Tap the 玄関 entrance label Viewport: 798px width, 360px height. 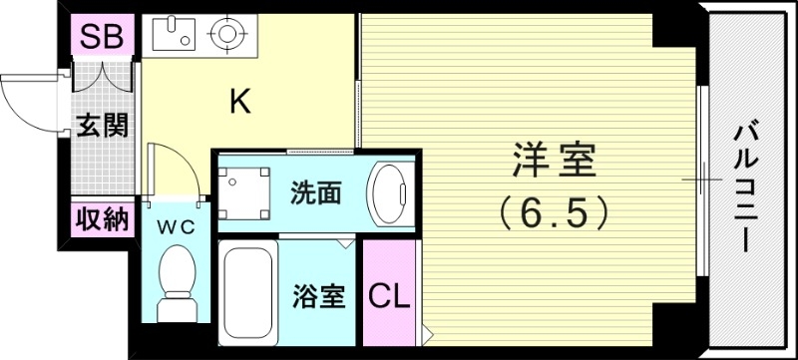[102, 126]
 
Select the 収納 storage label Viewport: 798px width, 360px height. [102, 218]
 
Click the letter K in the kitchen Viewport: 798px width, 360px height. [239, 101]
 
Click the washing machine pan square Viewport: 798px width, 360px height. [244, 192]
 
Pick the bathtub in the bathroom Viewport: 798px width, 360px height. [247, 290]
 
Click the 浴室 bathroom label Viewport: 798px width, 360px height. [318, 296]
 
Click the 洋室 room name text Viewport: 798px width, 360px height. [554, 161]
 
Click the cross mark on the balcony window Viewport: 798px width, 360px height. [705, 180]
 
